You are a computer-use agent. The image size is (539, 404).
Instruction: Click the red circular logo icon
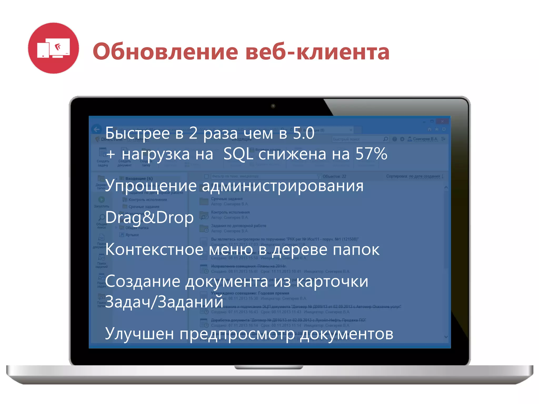pyautogui.click(x=53, y=48)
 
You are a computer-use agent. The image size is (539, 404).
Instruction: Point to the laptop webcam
pyautogui.click(x=273, y=106)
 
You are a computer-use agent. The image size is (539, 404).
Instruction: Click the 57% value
pyautogui.click(x=371, y=154)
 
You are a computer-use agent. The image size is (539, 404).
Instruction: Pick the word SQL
pyautogui.click(x=238, y=154)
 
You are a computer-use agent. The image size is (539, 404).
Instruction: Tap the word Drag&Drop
pyautogui.click(x=149, y=218)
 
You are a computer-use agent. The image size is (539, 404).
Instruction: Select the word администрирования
pyautogui.click(x=283, y=186)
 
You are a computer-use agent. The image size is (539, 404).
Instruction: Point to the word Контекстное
pyautogui.click(x=154, y=249)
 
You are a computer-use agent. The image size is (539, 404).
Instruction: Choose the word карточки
pyautogui.click(x=332, y=281)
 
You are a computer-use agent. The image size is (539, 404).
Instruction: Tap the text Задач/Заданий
pyautogui.click(x=164, y=302)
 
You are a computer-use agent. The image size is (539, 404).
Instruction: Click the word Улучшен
pyautogui.click(x=139, y=334)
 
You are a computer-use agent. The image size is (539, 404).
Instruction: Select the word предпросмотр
pyautogui.click(x=237, y=334)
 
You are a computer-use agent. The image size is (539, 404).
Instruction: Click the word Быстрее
pyautogui.click(x=137, y=133)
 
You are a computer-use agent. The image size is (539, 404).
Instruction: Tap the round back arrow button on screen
pyautogui.click(x=97, y=129)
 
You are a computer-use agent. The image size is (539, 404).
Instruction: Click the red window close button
pyautogui.click(x=442, y=121)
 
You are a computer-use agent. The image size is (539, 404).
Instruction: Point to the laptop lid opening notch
pyautogui.click(x=268, y=367)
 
